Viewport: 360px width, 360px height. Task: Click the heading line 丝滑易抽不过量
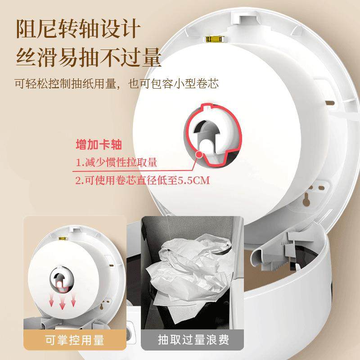coord(88,58)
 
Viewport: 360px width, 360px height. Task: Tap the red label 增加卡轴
coord(99,145)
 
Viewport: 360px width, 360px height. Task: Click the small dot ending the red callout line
coord(198,154)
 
